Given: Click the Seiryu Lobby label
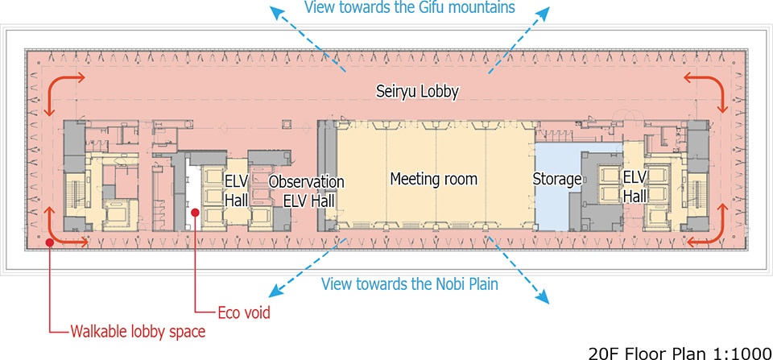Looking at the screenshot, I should pyautogui.click(x=417, y=92).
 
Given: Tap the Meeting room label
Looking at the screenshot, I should pyautogui.click(x=433, y=179).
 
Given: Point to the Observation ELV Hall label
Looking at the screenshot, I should pyautogui.click(x=306, y=191).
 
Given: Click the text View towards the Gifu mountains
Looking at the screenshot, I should pyautogui.click(x=410, y=9).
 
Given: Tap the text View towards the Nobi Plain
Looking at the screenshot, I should pyautogui.click(x=409, y=283).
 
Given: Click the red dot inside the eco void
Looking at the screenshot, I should pyautogui.click(x=194, y=212).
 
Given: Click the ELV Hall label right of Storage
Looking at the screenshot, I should pyautogui.click(x=635, y=186).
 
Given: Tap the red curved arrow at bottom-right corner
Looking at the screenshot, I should pyautogui.click(x=705, y=228).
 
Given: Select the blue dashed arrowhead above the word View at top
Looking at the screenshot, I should pyautogui.click(x=277, y=9).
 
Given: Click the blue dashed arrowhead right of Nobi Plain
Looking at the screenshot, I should pyautogui.click(x=542, y=300).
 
